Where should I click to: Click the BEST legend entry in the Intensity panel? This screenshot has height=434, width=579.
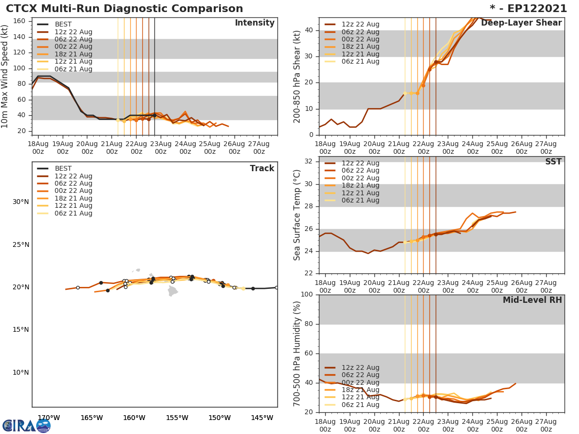pyautogui.click(x=63, y=25)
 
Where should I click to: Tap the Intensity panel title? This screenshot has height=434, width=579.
pyautogui.click(x=254, y=23)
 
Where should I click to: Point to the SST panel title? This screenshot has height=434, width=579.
pyautogui.click(x=553, y=162)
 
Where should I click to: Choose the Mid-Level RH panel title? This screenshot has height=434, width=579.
pyautogui.click(x=532, y=300)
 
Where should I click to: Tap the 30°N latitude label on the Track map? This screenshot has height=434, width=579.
pyautogui.click(x=21, y=202)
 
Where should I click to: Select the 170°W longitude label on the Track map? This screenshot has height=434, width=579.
pyautogui.click(x=49, y=418)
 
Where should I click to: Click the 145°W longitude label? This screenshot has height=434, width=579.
pyautogui.click(x=262, y=418)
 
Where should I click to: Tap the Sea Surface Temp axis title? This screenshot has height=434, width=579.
pyautogui.click(x=297, y=215)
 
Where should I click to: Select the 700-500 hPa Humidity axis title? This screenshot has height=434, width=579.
pyautogui.click(x=297, y=353)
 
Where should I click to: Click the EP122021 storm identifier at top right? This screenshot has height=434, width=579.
pyautogui.click(x=532, y=9)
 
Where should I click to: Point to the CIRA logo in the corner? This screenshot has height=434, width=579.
pyautogui.click(x=26, y=426)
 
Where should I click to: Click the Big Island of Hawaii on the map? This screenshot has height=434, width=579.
pyautogui.click(x=173, y=291)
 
